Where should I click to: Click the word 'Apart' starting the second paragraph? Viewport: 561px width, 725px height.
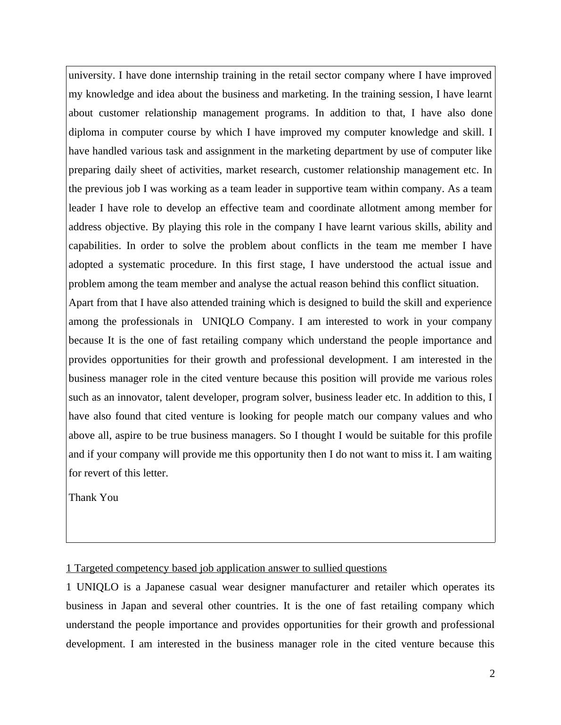point(81,303)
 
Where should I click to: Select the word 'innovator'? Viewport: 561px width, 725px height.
point(139,397)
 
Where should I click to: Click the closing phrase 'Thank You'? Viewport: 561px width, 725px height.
point(93,498)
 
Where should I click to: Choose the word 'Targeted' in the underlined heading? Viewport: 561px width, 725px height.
point(94,568)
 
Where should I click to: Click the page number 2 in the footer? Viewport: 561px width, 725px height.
point(492,674)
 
